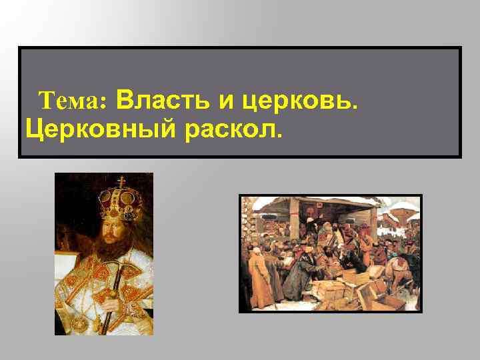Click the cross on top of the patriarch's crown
(x=122, y=181)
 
